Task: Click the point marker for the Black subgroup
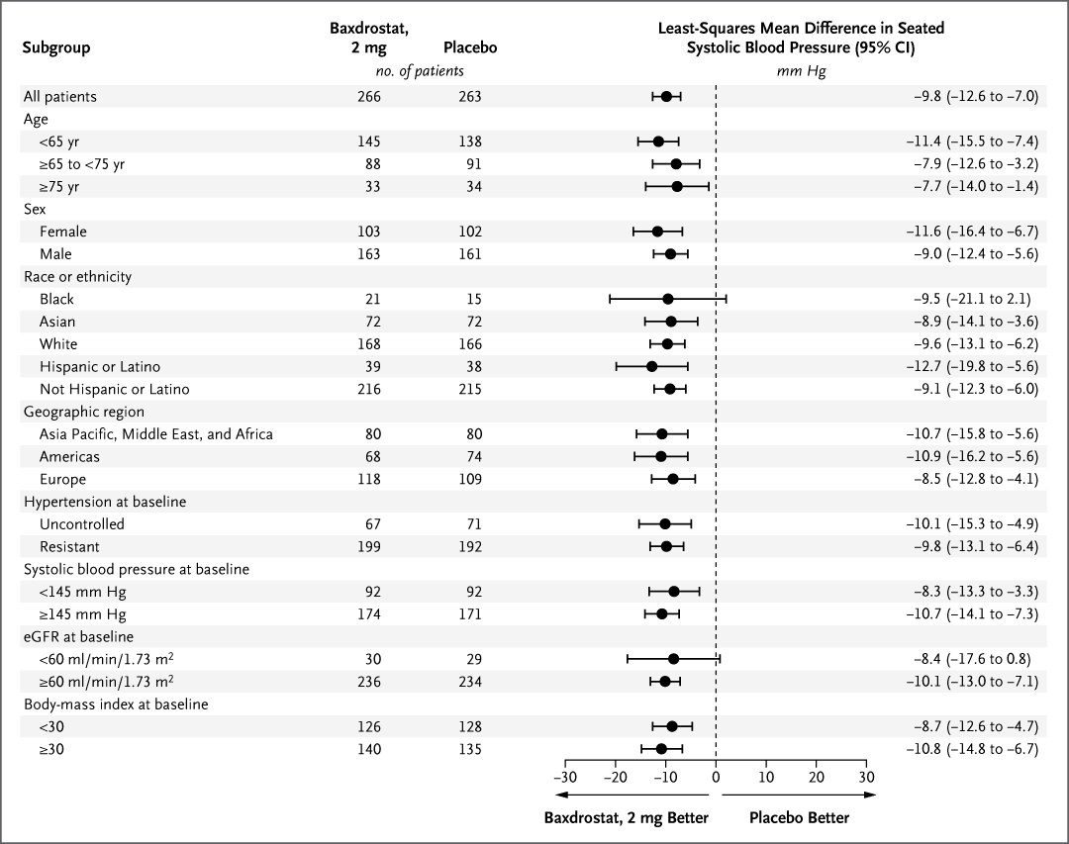pos(668,299)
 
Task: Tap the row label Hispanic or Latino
pos(99,367)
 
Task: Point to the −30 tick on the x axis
pos(565,777)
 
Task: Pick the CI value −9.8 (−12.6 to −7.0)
pos(975,97)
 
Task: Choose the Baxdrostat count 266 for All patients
pos(369,97)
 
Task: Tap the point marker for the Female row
pos(657,232)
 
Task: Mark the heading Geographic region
pos(84,413)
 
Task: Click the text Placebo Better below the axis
pos(799,818)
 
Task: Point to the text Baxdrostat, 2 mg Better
pos(627,818)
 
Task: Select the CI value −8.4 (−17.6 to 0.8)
pos(975,659)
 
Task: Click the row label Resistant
pos(69,546)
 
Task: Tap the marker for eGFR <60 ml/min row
pos(673,659)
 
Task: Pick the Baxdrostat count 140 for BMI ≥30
pos(369,749)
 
